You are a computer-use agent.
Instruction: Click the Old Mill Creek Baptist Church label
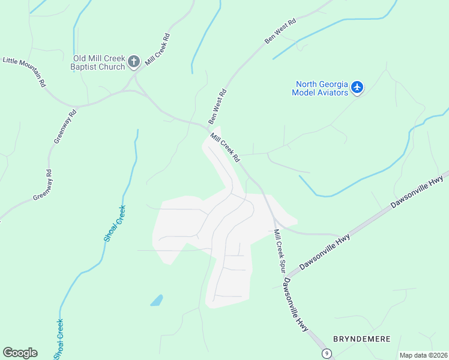[98, 62]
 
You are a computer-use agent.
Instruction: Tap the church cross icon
[134, 61]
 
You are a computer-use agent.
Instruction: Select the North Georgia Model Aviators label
[320, 88]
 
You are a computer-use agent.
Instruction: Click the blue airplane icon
[358, 88]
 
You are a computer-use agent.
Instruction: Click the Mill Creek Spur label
[279, 251]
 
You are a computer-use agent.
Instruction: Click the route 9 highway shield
[326, 353]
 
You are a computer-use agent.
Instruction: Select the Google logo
[20, 353]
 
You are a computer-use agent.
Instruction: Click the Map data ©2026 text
[423, 355]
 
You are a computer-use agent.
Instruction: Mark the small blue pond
[156, 300]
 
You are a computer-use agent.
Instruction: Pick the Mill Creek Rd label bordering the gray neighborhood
[225, 148]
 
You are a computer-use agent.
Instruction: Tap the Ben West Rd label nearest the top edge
[281, 31]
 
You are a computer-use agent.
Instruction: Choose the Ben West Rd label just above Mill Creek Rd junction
[217, 107]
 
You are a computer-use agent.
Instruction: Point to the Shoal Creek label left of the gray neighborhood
[114, 223]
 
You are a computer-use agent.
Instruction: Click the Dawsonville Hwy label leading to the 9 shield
[296, 305]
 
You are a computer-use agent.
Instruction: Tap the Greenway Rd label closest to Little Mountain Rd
[65, 126]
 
